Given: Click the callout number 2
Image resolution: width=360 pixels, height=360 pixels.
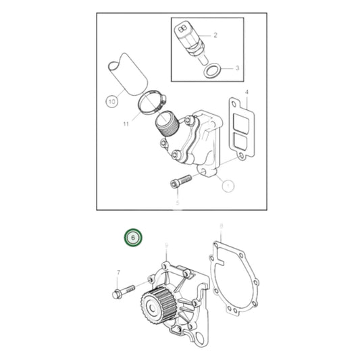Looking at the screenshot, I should (215, 34).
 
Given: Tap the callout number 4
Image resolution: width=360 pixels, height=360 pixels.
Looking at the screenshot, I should (247, 91).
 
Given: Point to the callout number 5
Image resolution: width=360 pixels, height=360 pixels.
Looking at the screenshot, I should (178, 202).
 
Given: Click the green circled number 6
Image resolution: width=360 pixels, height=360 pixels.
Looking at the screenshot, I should (133, 238).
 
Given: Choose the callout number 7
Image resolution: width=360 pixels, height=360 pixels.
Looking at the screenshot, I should (119, 272).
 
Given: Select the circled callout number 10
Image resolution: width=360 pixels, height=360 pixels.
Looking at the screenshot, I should (111, 102).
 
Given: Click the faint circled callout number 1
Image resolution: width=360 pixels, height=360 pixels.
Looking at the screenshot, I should (228, 184).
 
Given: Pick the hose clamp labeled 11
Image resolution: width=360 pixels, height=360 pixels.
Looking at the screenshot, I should (150, 103).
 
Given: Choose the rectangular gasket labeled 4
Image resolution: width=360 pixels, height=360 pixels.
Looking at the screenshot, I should (240, 128).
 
